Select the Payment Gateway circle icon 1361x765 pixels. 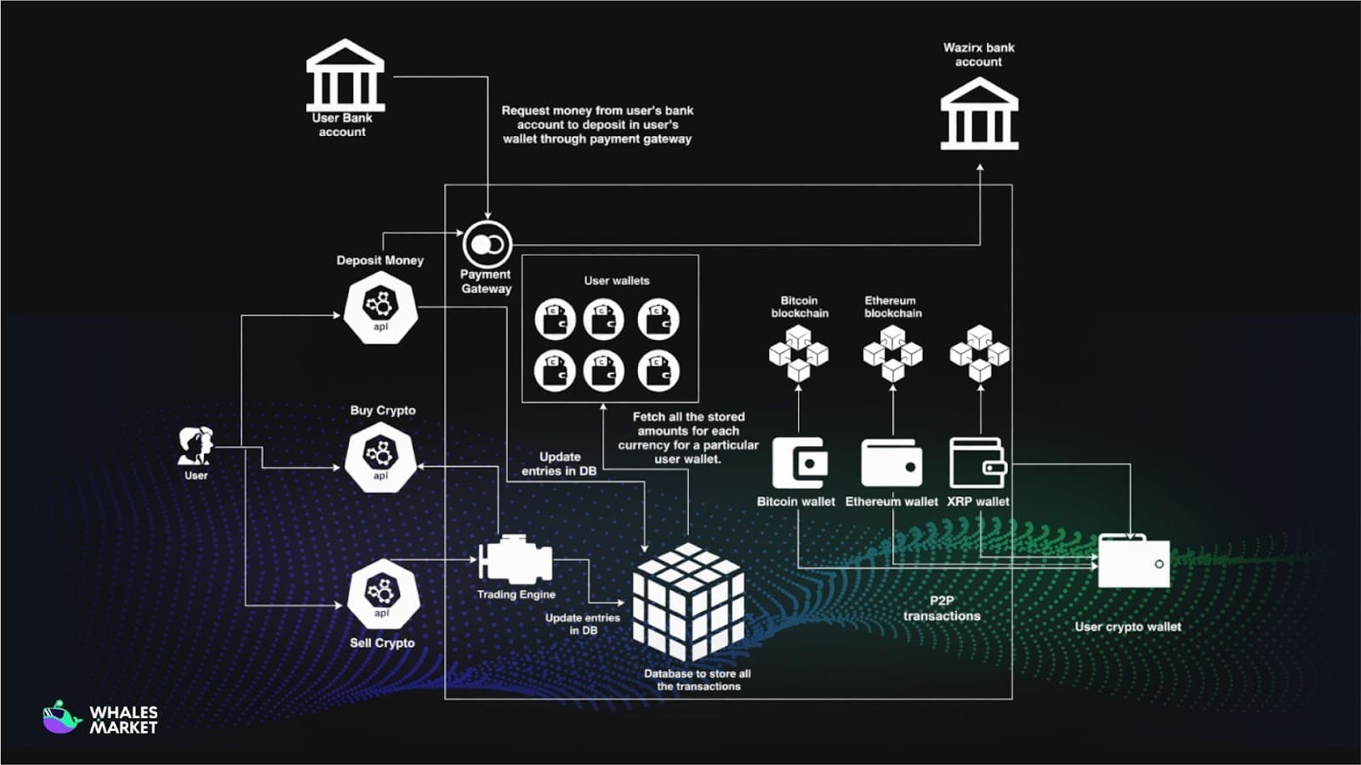click(487, 245)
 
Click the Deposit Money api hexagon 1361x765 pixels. click(380, 308)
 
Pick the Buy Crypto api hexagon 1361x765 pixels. click(380, 457)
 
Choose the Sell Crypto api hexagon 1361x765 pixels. click(382, 594)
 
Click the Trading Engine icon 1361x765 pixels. click(515, 561)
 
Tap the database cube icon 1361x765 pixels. click(688, 601)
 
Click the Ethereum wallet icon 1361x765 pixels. click(891, 463)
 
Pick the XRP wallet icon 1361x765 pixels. click(978, 463)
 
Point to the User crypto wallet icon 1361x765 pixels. click(1134, 561)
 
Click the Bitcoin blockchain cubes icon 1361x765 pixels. click(799, 352)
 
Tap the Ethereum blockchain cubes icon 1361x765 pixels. click(892, 352)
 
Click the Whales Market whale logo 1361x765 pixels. click(61, 717)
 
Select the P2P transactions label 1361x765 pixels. click(942, 608)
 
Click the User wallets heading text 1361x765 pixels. click(617, 280)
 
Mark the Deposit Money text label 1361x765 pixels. click(380, 260)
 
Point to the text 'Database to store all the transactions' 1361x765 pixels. click(698, 680)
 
